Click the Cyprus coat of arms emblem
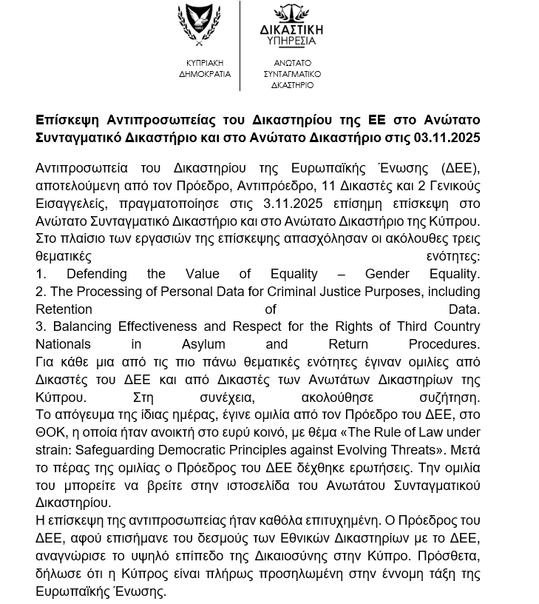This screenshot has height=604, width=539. tap(200, 25)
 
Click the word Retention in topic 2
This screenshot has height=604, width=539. tap(64, 309)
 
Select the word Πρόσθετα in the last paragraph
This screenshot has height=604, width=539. tap(449, 556)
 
